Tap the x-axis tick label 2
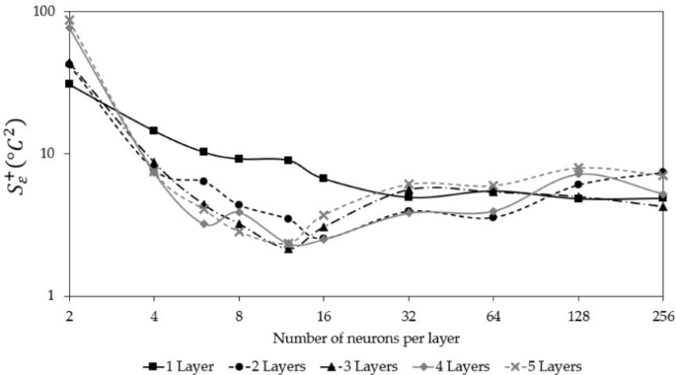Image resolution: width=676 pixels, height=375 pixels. tap(69, 316)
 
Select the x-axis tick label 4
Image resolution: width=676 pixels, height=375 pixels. tap(154, 316)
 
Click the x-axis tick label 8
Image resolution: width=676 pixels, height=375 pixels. tap(239, 316)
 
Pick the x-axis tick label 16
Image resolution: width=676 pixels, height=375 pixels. tap(323, 316)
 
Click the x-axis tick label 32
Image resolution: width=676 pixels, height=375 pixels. tap(408, 316)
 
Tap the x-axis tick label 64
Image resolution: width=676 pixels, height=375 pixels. tap(492, 316)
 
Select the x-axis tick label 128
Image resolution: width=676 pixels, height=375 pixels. tap(577, 316)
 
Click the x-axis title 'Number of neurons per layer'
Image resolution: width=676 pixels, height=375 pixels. tap(365, 337)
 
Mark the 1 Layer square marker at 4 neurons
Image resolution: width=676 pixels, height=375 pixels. tap(154, 130)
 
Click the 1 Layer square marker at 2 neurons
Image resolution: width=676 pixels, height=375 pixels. tap(69, 84)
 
